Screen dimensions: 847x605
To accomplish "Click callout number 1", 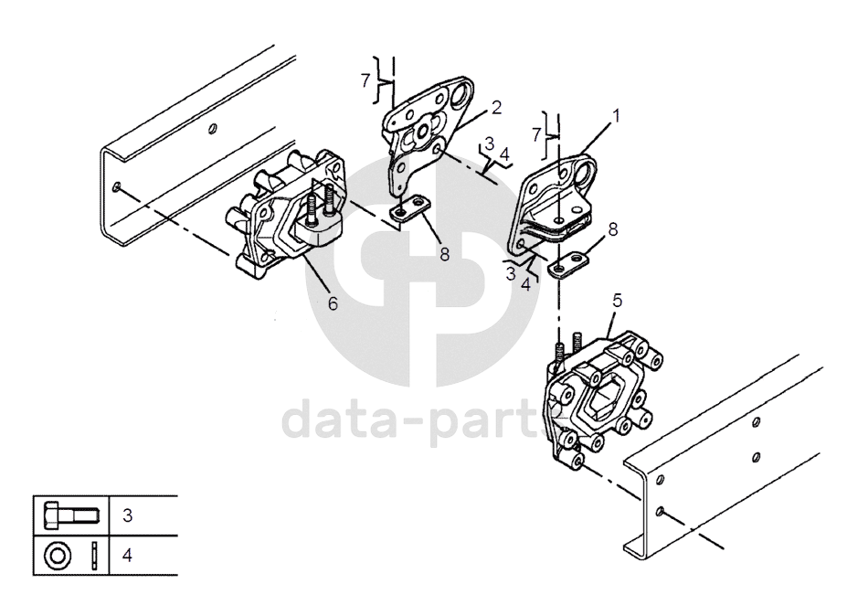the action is (616, 115).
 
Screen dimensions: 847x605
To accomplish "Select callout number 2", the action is (496, 107).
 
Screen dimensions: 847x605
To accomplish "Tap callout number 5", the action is (618, 301).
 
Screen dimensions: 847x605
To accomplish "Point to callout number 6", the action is (333, 303).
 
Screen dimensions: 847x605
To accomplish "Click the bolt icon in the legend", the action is (72, 515).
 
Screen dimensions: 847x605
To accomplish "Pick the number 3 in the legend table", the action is (128, 515).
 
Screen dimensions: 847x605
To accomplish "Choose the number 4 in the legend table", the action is (128, 556).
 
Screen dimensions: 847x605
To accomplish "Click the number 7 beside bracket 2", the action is (365, 81).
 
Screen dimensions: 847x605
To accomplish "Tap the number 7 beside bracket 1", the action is (536, 134).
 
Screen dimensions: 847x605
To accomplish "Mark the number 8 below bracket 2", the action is (445, 254).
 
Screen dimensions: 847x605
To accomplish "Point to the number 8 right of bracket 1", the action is (612, 229).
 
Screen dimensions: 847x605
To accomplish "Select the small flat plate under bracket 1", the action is (567, 264).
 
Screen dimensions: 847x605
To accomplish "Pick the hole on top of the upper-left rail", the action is (213, 128).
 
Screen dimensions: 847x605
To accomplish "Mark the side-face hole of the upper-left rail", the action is (117, 187).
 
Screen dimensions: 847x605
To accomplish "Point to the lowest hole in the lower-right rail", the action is (660, 511).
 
